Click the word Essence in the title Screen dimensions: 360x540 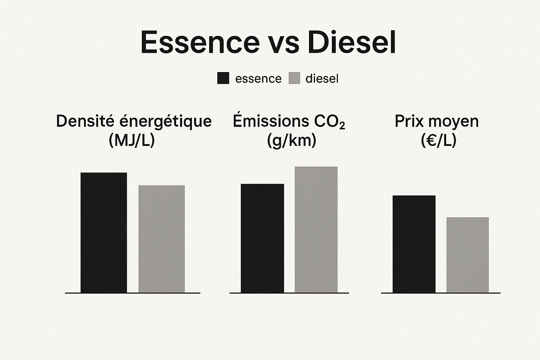pyautogui.click(x=200, y=42)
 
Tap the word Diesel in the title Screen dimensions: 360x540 pyautogui.click(x=352, y=42)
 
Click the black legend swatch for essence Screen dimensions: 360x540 pyautogui.click(x=223, y=78)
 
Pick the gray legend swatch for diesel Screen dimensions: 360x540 pyautogui.click(x=294, y=78)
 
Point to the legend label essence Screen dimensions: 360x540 pyautogui.click(x=258, y=79)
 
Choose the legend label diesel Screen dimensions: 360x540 pyautogui.click(x=322, y=79)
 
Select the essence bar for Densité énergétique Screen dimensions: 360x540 pyautogui.click(x=104, y=232)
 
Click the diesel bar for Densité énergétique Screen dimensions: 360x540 pyautogui.click(x=161, y=239)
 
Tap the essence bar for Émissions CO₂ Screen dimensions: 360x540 pyautogui.click(x=262, y=238)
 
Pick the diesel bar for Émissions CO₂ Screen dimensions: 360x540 pyautogui.click(x=316, y=230)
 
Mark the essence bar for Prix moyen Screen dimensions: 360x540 pyautogui.click(x=414, y=244)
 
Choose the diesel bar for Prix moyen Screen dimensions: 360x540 pyautogui.click(x=468, y=255)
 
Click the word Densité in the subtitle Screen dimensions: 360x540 pyautogui.click(x=85, y=121)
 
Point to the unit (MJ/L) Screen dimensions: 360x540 pyautogui.click(x=132, y=141)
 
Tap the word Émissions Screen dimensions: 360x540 pyautogui.click(x=266, y=121)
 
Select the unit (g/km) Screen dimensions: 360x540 pyautogui.click(x=291, y=141)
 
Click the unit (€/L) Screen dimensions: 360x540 pyautogui.click(x=438, y=141)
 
